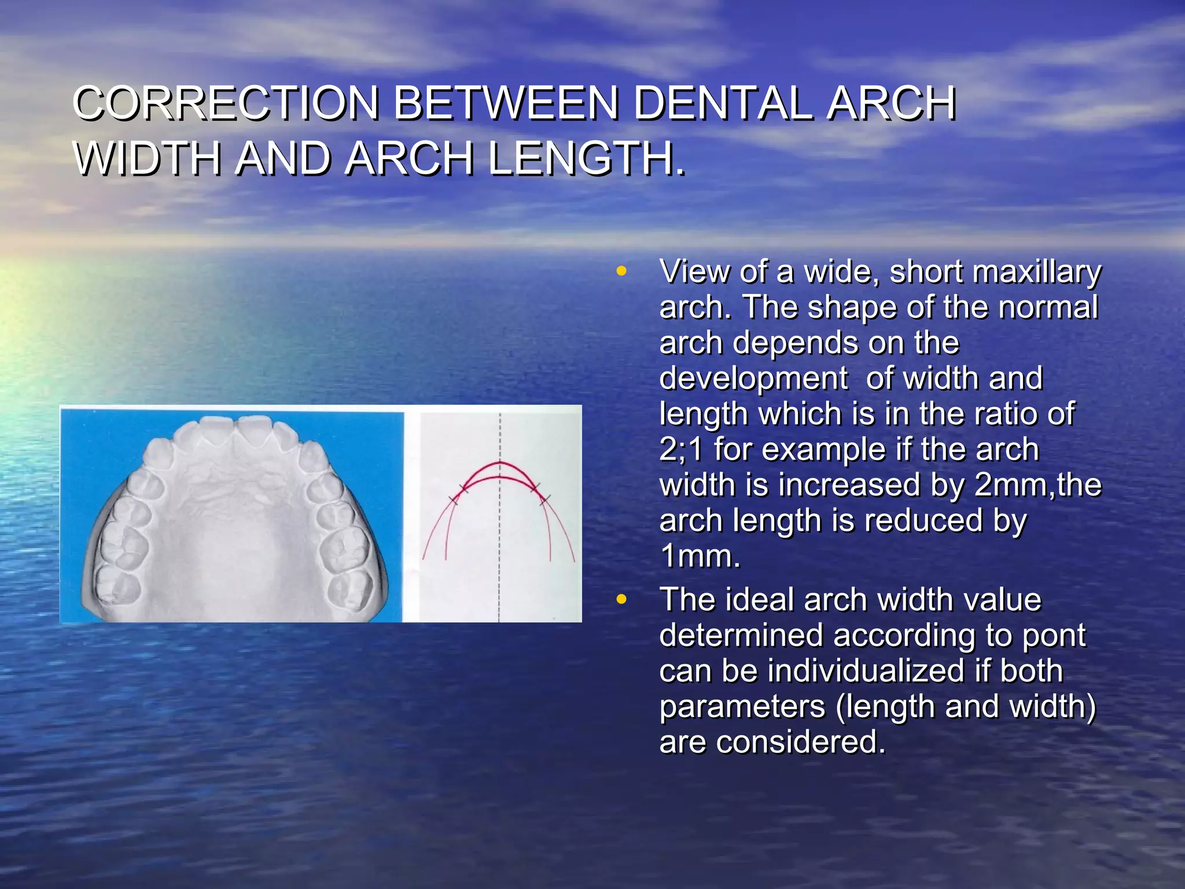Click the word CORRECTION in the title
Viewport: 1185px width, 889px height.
(x=226, y=104)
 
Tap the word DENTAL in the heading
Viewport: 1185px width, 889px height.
(x=723, y=104)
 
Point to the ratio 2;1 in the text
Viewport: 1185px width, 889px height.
(x=680, y=450)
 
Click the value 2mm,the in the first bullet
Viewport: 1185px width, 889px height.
(x=1037, y=485)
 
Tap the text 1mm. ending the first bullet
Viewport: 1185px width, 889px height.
(x=700, y=557)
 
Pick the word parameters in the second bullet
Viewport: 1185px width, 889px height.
(x=742, y=707)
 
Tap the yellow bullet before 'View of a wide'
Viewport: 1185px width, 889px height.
(x=621, y=271)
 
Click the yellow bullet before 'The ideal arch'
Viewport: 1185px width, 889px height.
(x=621, y=600)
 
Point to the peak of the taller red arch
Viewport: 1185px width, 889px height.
(x=500, y=462)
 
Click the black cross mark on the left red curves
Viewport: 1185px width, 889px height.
(x=463, y=488)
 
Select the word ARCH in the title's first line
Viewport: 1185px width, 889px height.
(x=890, y=104)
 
